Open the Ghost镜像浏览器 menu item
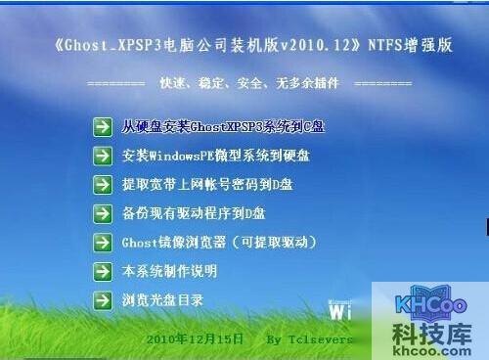coord(218,242)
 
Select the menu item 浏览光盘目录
coord(162,300)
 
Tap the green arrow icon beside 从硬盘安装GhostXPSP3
coord(102,127)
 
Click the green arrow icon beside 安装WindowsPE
coord(102,157)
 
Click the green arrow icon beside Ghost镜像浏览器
coord(102,242)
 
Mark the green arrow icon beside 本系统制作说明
coord(102,271)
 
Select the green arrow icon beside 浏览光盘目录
coord(102,300)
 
